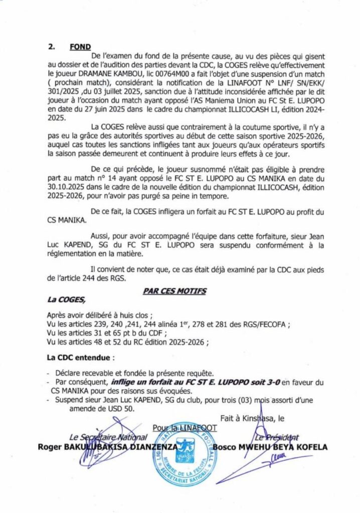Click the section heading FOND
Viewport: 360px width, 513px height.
pos(80,47)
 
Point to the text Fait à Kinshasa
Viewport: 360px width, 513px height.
pos(246,417)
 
